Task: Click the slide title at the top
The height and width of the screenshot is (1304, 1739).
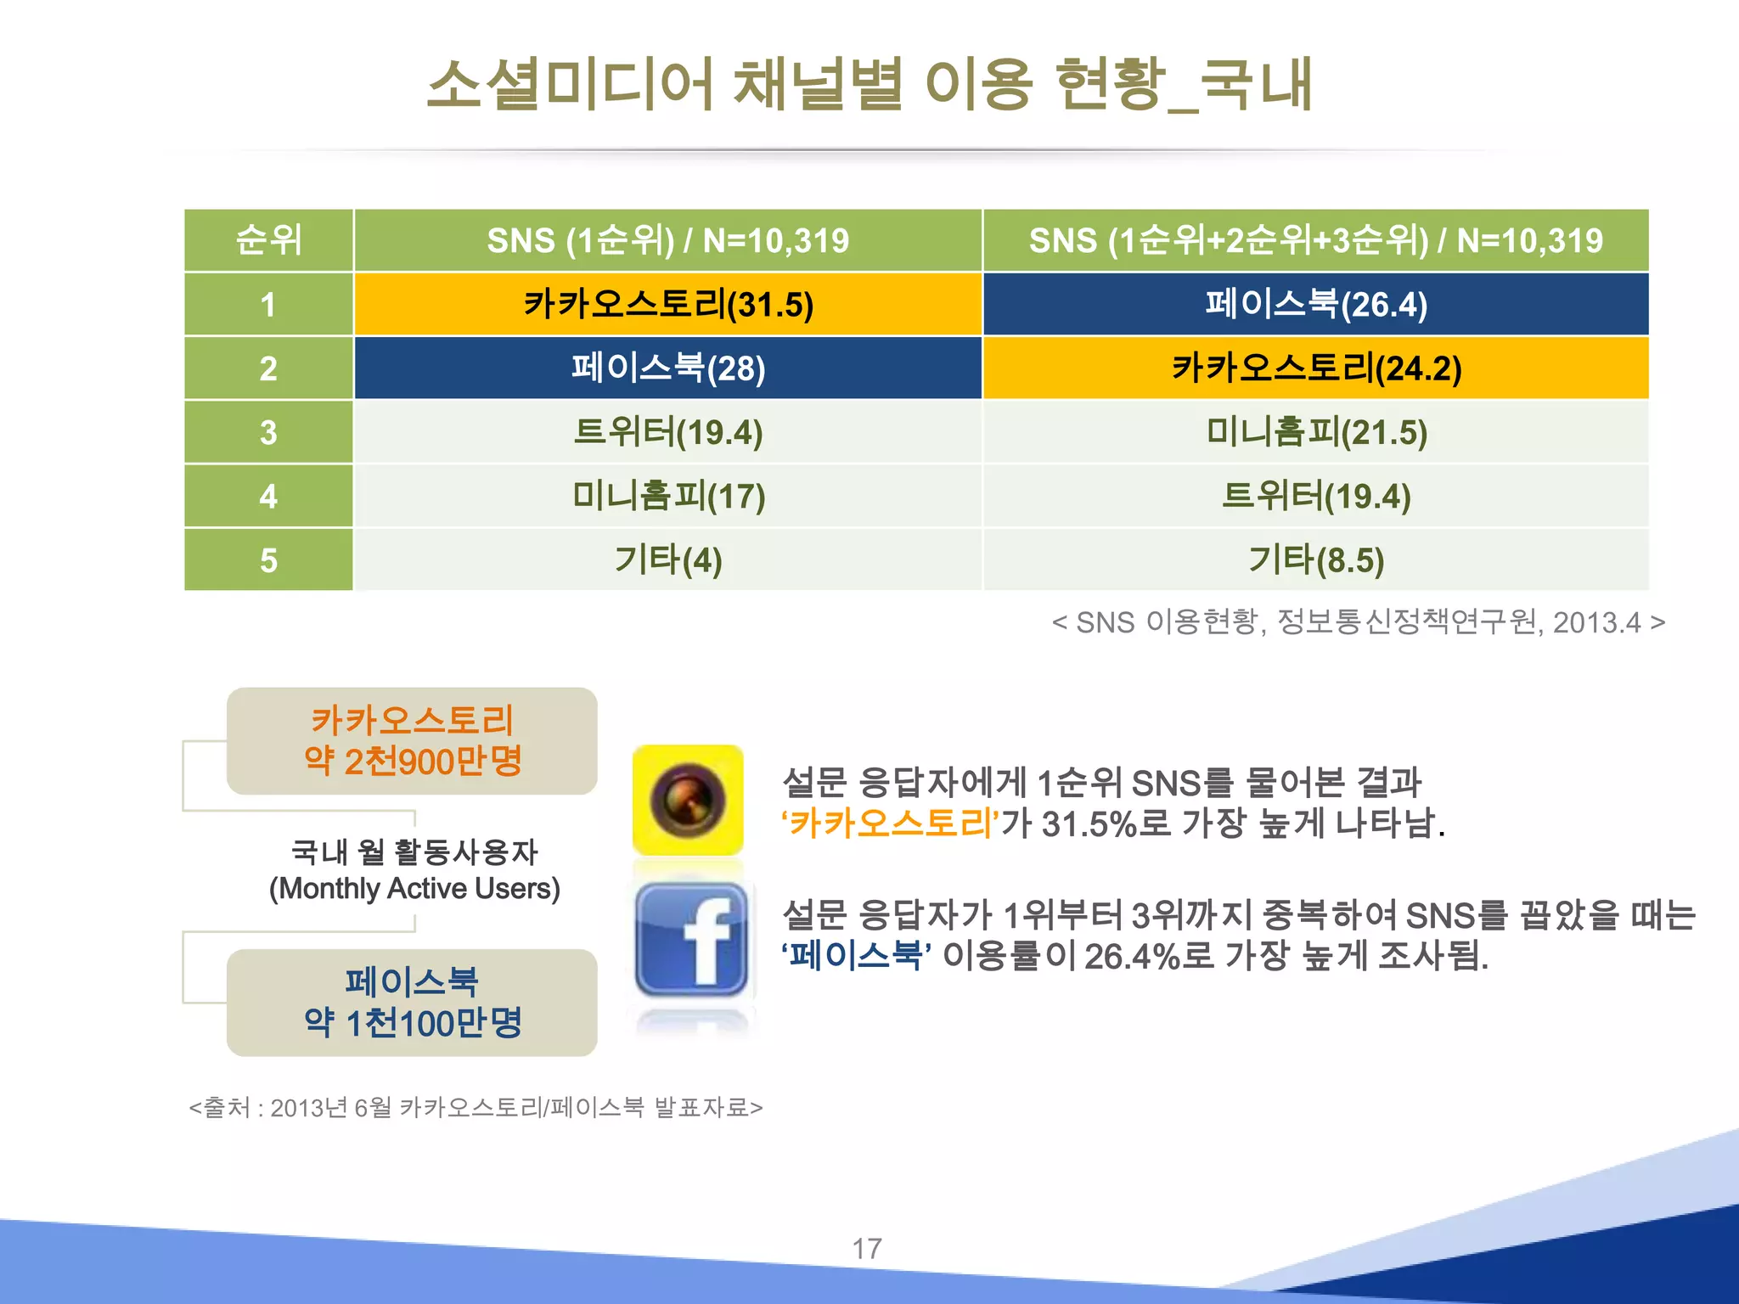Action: pos(869,85)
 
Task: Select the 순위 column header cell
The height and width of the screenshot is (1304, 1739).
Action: pos(268,240)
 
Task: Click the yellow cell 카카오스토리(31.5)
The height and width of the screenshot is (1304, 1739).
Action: pos(668,304)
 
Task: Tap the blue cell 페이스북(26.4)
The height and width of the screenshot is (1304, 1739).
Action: pos(1316,304)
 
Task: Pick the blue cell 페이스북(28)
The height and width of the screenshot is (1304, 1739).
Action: pos(668,368)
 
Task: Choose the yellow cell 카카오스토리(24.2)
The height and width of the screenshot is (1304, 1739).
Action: pos(1316,368)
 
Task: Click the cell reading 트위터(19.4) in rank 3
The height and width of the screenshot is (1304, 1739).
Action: pos(668,432)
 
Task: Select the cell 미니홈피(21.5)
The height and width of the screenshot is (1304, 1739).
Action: pos(1316,432)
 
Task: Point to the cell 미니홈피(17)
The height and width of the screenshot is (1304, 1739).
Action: pos(668,496)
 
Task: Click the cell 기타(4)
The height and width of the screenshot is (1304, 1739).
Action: pos(668,560)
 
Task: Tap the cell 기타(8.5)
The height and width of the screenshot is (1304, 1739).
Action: pos(1316,560)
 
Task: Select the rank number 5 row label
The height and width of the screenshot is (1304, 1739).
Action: pos(268,560)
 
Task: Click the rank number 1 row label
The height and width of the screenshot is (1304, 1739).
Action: pos(268,304)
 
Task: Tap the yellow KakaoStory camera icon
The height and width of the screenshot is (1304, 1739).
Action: pos(688,800)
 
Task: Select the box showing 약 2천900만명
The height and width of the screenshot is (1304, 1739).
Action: pos(412,741)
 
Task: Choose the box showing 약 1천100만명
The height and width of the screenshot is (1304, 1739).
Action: pos(412,1003)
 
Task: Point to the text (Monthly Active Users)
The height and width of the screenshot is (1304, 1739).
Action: pos(414,889)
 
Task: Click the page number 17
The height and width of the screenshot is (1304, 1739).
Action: pos(867,1248)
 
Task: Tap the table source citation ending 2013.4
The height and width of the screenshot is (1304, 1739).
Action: pos(1358,622)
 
